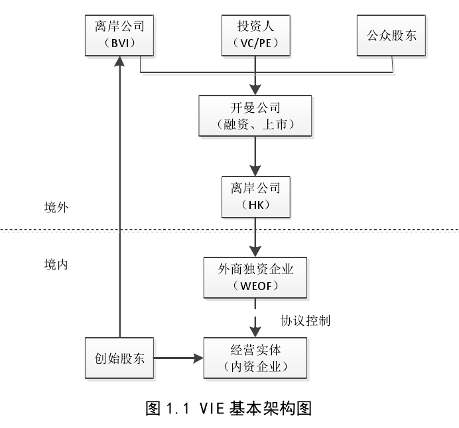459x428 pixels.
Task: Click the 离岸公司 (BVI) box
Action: tap(119, 35)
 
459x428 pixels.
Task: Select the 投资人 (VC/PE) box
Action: tap(255, 35)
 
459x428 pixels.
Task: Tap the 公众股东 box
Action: tap(392, 35)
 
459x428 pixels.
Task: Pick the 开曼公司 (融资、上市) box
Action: tap(255, 115)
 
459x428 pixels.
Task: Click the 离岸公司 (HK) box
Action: tap(255, 196)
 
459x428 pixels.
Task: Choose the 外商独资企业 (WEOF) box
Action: tap(255, 277)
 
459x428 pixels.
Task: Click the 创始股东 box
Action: tap(119, 358)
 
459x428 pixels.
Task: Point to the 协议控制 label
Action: tap(305, 321)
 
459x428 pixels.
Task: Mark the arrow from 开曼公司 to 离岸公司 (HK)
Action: tap(255, 156)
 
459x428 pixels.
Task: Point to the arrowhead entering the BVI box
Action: tap(119, 61)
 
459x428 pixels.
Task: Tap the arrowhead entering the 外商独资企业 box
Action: tap(255, 251)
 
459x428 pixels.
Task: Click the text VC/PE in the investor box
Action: tap(255, 44)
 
